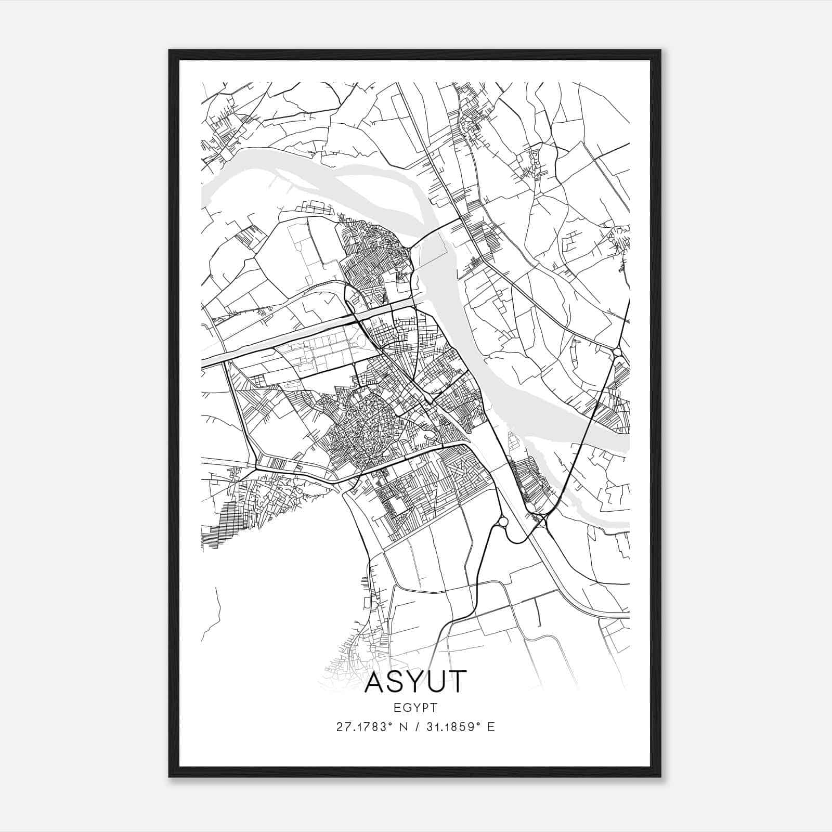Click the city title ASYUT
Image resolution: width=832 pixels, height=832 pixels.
(x=415, y=682)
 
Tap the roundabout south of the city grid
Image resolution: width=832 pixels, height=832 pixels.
(x=503, y=521)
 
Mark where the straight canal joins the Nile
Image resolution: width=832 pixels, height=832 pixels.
(x=416, y=301)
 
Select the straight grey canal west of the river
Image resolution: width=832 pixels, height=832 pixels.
(x=291, y=333)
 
